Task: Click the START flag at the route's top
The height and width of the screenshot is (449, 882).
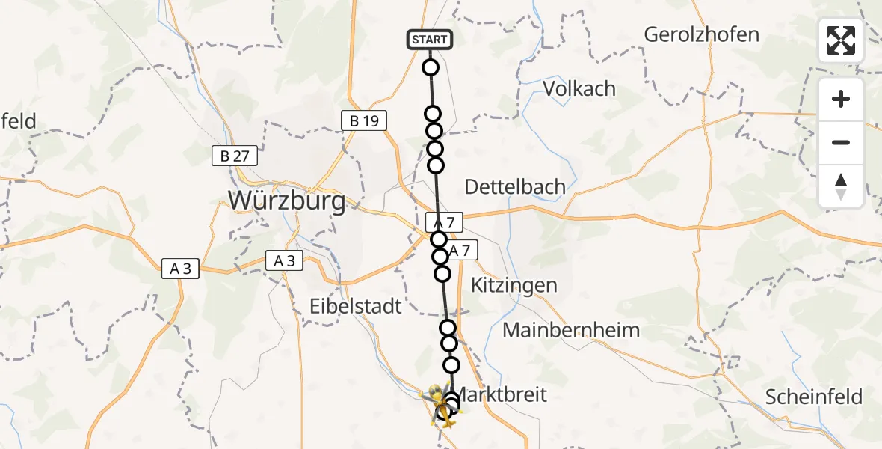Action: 430,40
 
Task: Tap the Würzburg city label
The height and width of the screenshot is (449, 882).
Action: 287,201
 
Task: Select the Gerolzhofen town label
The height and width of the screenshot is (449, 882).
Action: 701,34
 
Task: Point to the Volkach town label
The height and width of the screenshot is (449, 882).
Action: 579,88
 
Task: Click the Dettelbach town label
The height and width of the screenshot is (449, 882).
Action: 515,186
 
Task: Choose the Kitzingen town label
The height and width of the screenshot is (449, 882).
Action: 514,285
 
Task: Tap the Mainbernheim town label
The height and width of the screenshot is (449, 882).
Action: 571,329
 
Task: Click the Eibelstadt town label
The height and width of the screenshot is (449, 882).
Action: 356,305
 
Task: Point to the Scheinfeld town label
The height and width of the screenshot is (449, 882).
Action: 814,397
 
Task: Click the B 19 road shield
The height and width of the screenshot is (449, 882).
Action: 364,120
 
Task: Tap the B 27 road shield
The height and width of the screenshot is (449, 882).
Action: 235,156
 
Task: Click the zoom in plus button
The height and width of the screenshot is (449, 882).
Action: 841,100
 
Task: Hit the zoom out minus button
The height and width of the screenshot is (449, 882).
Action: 841,143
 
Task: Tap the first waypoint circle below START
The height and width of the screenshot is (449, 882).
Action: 431,68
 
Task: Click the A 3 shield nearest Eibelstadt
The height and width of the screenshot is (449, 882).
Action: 284,260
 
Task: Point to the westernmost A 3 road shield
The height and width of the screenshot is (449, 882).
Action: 181,269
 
